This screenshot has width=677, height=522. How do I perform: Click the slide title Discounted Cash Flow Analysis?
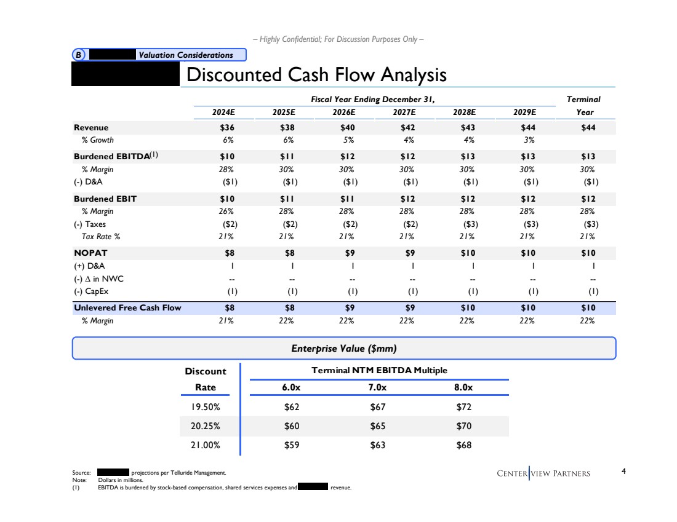point(316,75)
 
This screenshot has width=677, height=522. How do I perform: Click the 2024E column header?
point(224,113)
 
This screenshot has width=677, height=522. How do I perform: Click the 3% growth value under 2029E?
point(529,140)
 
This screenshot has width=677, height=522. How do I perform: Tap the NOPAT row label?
point(90,253)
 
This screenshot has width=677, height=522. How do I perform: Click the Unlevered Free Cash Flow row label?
point(127,307)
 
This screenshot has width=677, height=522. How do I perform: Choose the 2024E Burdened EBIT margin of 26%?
point(226,211)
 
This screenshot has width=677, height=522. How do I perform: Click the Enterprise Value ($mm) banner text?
point(343,349)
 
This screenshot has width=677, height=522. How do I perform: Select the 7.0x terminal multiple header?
point(377,387)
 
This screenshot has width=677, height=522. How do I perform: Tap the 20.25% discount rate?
point(206,425)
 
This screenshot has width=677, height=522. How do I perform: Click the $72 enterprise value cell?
point(463,406)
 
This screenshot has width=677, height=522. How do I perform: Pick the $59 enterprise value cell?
point(291,445)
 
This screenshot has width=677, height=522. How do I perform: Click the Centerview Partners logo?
point(543,473)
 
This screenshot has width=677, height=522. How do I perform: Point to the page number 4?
point(624,472)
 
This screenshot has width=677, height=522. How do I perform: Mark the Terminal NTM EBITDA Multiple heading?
point(379,370)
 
